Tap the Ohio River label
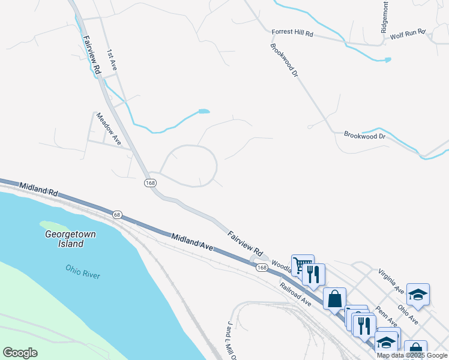[x=83, y=271]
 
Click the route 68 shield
[x=117, y=214]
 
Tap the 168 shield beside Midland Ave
[x=261, y=266]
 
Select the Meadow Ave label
[x=109, y=128]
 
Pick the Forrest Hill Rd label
[x=292, y=34]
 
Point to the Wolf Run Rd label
[x=408, y=34]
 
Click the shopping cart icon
[x=302, y=264]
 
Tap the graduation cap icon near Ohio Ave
[x=418, y=294]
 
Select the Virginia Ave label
[x=391, y=281]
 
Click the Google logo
[x=20, y=352]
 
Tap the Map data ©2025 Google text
[x=412, y=355]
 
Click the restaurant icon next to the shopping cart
[x=314, y=274]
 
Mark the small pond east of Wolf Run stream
[x=387, y=60]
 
